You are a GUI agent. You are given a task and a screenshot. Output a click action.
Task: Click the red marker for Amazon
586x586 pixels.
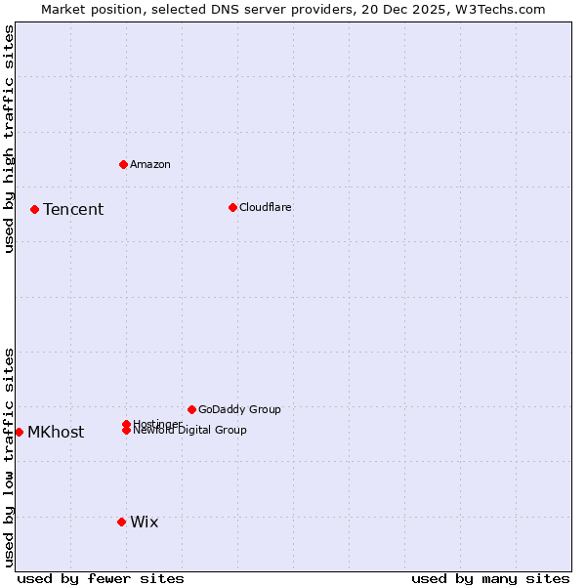123,164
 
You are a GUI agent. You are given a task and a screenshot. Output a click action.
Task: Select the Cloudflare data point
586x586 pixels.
232,207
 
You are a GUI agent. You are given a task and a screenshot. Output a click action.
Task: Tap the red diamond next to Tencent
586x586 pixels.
34,209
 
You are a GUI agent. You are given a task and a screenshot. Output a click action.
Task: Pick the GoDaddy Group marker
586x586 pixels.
191,409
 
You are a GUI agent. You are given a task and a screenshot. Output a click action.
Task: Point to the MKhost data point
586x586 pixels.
19,432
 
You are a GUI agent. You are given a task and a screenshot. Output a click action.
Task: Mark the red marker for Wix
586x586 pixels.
121,522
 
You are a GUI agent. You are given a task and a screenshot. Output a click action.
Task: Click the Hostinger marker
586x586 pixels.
126,424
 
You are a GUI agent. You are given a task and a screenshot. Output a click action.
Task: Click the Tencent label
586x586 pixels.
73,210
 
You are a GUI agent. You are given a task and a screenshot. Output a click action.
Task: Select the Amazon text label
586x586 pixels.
150,164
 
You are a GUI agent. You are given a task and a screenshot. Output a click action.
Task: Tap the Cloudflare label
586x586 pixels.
266,207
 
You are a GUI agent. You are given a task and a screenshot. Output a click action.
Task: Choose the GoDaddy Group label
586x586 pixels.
239,409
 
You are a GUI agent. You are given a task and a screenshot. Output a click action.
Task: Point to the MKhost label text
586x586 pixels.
56,433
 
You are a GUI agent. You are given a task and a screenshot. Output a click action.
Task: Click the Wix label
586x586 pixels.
145,523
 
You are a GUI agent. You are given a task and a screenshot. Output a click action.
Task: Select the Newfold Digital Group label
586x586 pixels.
190,431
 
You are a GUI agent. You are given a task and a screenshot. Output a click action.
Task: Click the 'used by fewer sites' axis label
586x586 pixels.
101,579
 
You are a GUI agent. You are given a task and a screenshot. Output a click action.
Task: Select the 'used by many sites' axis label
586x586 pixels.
490,579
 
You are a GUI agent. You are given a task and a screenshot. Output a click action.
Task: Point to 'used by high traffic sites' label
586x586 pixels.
10,139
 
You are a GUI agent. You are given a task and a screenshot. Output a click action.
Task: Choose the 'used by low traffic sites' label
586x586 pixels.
10,456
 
